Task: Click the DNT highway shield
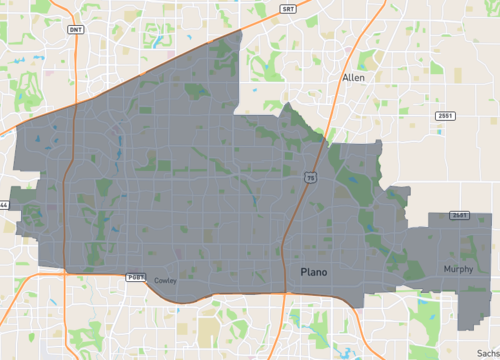[x=76, y=30]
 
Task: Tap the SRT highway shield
[x=288, y=9]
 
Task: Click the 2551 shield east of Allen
[x=444, y=116]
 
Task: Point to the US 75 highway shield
[x=311, y=177]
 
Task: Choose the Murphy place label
[x=459, y=269]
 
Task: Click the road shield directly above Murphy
[x=460, y=215]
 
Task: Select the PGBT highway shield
[x=135, y=277]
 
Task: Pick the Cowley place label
[x=165, y=281]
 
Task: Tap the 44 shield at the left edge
[x=4, y=205]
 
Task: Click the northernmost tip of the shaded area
[x=243, y=31]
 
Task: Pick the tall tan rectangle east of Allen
[x=457, y=75]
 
